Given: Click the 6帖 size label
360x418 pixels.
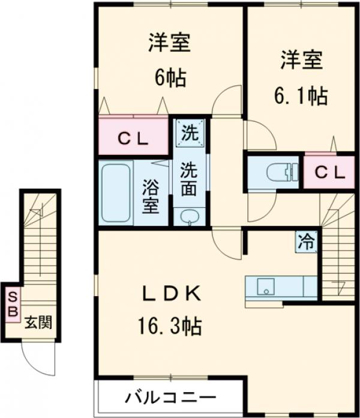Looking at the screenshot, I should [x=170, y=77].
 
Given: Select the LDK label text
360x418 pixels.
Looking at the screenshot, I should [x=170, y=294].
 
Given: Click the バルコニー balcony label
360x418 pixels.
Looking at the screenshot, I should [x=170, y=398].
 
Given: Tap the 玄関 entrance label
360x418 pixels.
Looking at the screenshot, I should [x=37, y=323].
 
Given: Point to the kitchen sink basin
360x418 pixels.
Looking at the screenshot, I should [x=265, y=287].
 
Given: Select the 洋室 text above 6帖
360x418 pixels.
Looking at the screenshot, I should [x=170, y=43].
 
